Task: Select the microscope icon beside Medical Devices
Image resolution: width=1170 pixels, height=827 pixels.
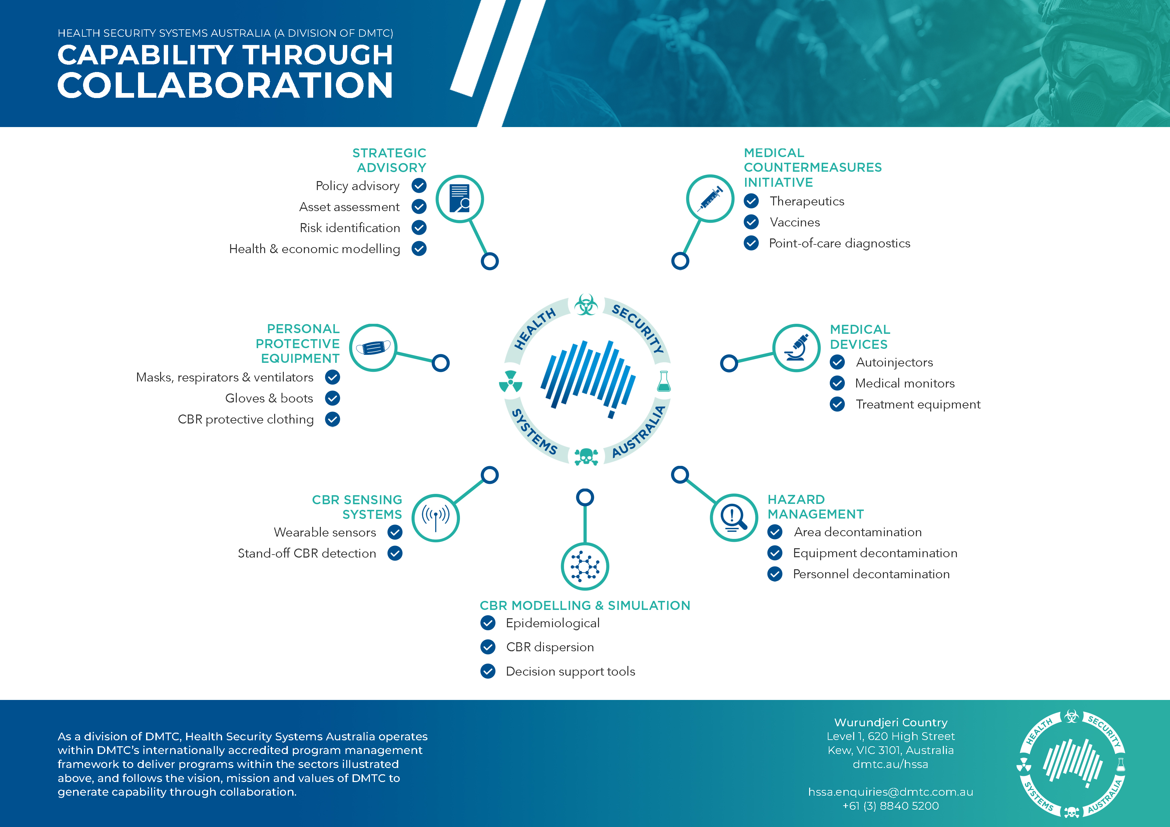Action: coord(796,347)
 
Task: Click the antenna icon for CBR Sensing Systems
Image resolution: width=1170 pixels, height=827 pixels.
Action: coord(435,518)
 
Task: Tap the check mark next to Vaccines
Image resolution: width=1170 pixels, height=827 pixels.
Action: coord(751,222)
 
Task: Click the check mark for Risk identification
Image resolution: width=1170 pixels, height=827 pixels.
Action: coord(419,227)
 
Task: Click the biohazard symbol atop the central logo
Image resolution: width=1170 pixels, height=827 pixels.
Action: coord(586,305)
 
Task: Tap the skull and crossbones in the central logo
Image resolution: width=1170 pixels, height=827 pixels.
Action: coord(586,457)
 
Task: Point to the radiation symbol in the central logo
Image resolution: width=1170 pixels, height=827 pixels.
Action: coord(510,381)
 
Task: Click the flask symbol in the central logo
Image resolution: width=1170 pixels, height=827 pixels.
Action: coord(663,381)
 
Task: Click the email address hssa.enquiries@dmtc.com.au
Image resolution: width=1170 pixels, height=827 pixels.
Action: coord(890,792)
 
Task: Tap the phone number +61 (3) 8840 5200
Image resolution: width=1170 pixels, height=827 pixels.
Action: coord(890,806)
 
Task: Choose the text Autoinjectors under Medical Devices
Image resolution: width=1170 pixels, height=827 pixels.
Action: coord(894,362)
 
